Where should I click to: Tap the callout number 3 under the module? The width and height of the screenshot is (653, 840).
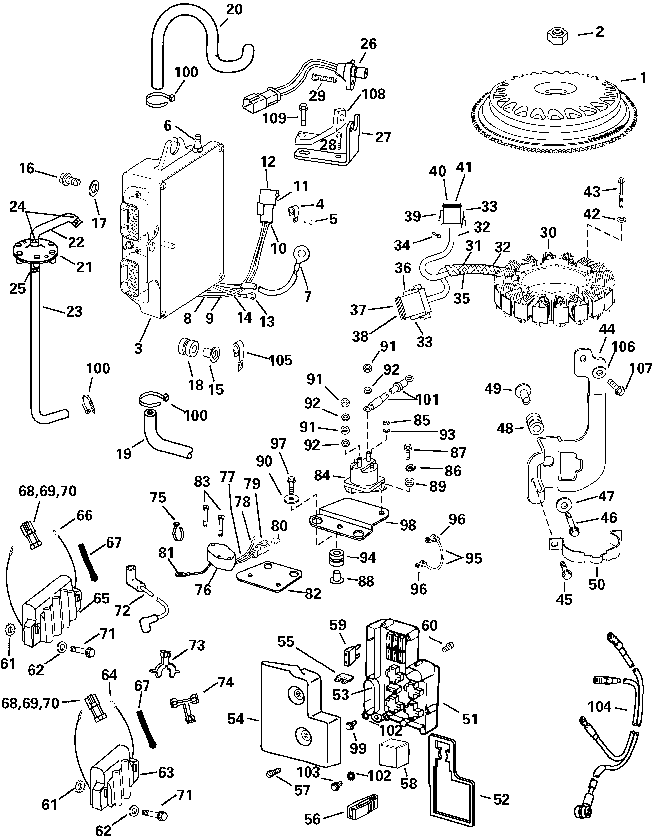[138, 348]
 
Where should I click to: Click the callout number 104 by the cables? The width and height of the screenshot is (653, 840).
[599, 706]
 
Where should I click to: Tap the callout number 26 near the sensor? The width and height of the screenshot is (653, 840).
[368, 44]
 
